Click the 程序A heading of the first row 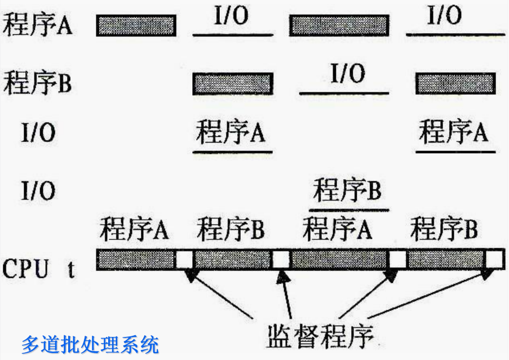38,25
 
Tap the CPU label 26,269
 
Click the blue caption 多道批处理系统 90,344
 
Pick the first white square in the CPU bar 184,259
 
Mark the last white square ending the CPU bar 494,259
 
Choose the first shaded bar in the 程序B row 233,83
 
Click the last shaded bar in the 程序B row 455,83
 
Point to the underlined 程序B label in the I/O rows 347,191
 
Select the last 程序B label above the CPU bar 445,230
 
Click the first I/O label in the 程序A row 231,17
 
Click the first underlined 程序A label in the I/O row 231,134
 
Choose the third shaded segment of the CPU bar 340,259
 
